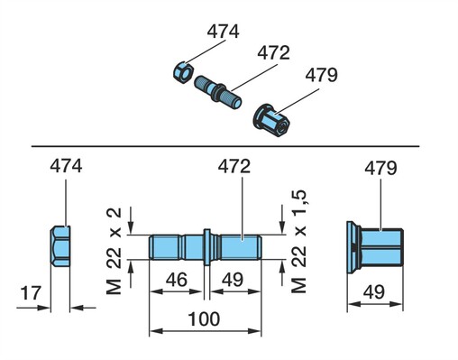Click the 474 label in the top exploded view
pos(223,32)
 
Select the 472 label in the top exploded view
pos(273,52)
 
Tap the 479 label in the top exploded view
pos(321,75)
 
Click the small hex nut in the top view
pos(183,72)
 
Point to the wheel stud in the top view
pos(217,92)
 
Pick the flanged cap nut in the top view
pos(271,120)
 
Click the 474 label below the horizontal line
pos(66,166)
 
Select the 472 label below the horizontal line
pos(234,167)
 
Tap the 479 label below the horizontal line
pos(380,168)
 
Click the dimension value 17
pos(31,293)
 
